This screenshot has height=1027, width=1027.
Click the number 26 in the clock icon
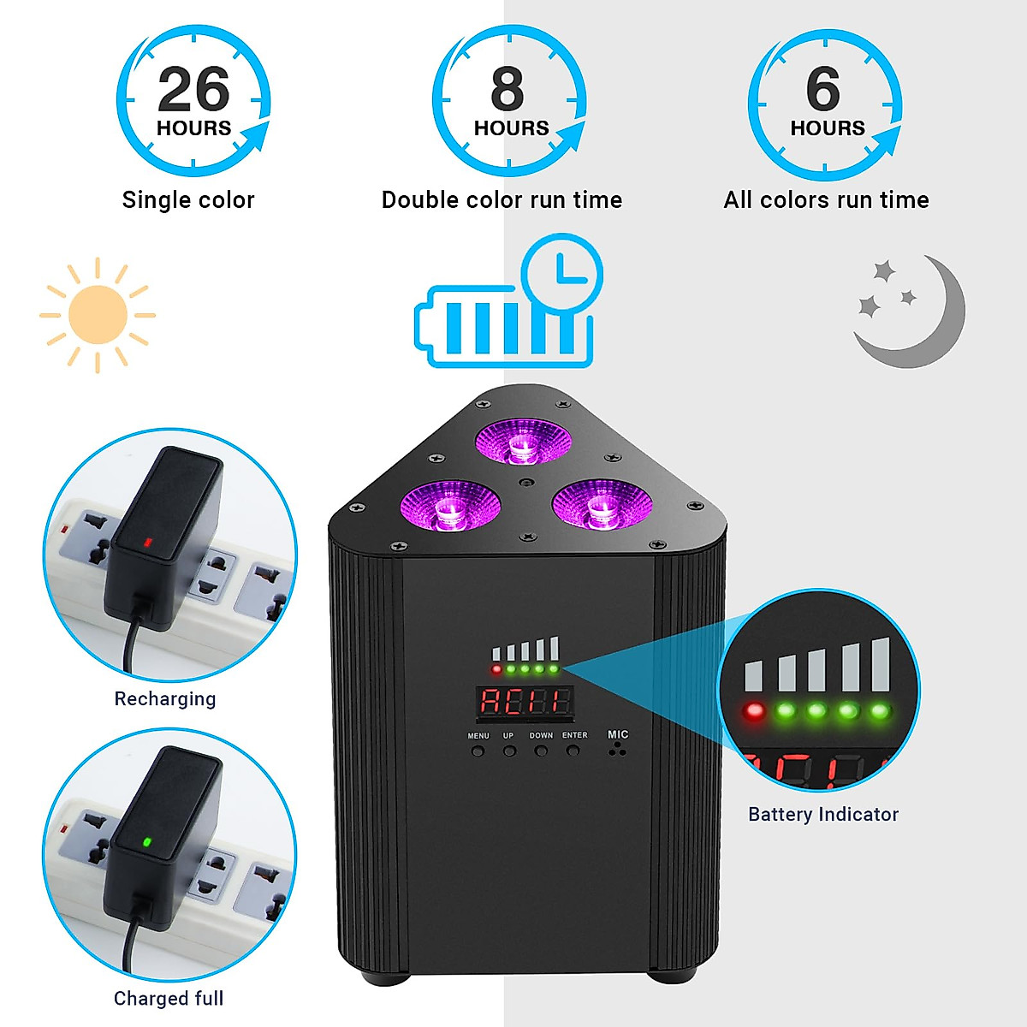click(x=193, y=90)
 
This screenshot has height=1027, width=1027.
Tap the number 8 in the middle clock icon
click(x=508, y=89)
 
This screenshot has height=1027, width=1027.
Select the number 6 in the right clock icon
click(x=823, y=89)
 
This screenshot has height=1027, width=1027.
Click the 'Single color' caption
click(x=188, y=200)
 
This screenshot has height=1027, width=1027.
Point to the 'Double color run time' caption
click(x=502, y=200)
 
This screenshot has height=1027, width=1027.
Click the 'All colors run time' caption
click(x=826, y=200)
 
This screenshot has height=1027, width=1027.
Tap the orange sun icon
click(x=98, y=315)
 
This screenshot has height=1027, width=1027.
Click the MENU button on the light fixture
click(x=478, y=751)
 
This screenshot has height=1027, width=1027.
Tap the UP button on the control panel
click(x=509, y=751)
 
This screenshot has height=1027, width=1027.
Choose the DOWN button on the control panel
click(x=541, y=751)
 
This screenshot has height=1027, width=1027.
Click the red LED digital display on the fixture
click(x=525, y=702)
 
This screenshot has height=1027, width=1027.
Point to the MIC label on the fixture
click(x=618, y=734)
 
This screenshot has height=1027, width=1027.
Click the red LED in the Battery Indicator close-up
click(x=754, y=710)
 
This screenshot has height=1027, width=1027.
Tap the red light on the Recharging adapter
click(x=147, y=542)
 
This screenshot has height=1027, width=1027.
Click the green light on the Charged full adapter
click(x=146, y=842)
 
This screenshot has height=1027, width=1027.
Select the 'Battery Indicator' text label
click(x=823, y=815)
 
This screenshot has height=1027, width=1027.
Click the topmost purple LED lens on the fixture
click(x=520, y=441)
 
